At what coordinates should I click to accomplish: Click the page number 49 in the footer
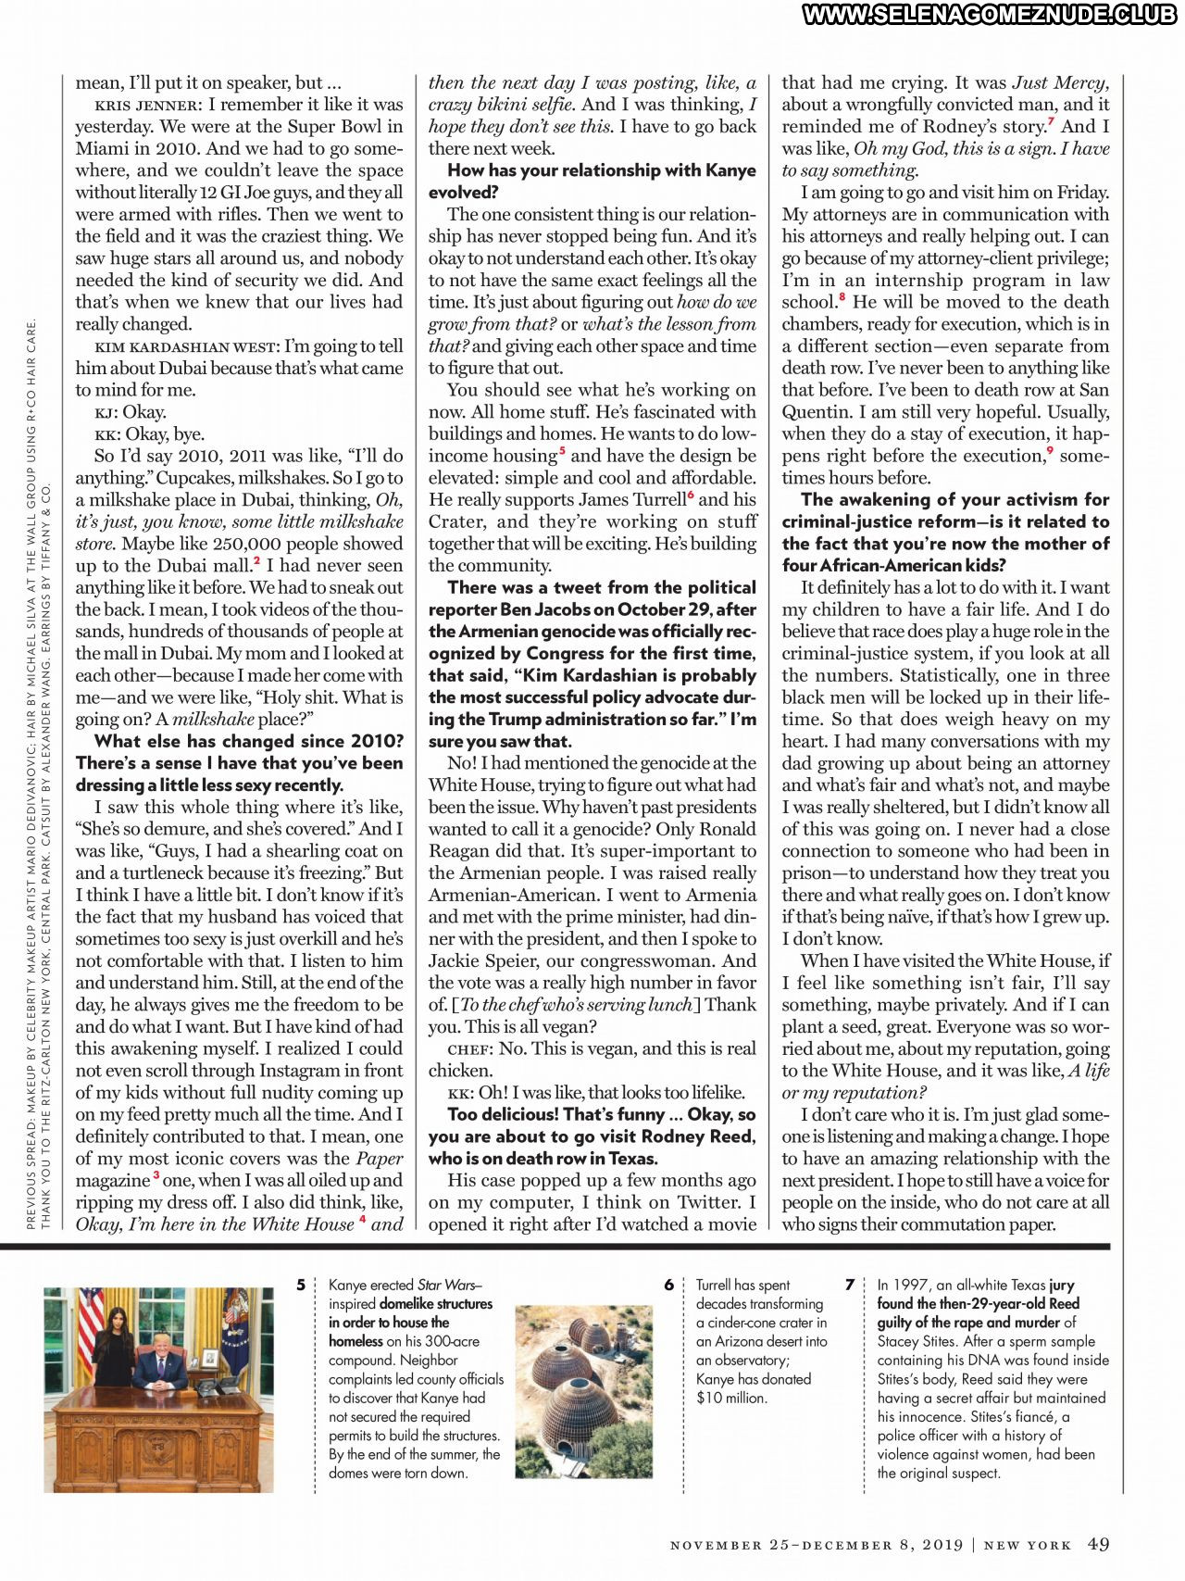point(1098,1544)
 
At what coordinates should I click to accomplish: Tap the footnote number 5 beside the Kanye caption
point(301,1285)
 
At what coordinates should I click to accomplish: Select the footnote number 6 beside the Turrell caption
point(668,1285)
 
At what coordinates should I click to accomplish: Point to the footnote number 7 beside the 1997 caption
point(850,1285)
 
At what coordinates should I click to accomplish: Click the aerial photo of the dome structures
point(583,1378)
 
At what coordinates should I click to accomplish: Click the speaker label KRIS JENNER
point(147,105)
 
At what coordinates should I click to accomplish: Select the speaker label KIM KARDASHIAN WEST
point(186,346)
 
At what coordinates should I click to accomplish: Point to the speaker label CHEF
point(469,1049)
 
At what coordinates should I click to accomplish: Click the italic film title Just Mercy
point(1060,82)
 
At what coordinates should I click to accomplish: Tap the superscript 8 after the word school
point(842,297)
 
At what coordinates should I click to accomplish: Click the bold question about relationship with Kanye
point(592,181)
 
